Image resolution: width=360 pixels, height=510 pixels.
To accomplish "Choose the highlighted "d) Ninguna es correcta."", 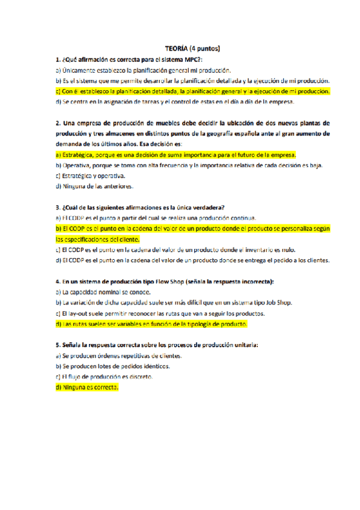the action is (87, 387).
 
